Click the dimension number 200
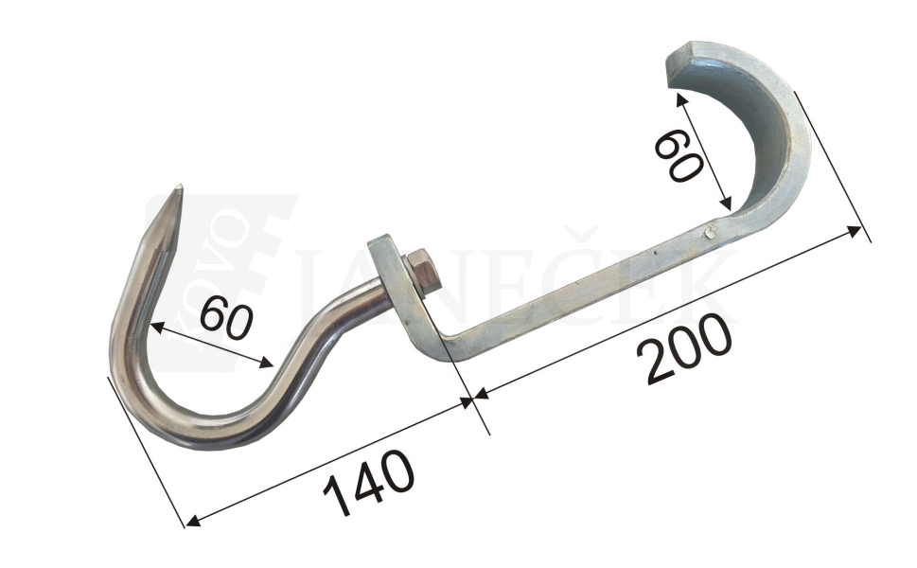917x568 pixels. pos(684,348)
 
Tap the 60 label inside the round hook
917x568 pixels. pos(226,318)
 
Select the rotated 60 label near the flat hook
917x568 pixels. pos(678,155)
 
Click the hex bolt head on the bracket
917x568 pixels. pos(422,273)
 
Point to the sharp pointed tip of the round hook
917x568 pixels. pos(180,187)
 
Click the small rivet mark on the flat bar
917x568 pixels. pos(710,232)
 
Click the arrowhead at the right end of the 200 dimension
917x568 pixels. pos(855,230)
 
